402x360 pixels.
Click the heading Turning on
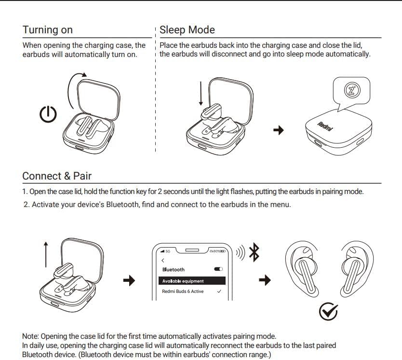47,30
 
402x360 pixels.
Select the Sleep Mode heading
187,30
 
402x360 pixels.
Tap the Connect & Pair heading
57,176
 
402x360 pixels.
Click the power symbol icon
48,114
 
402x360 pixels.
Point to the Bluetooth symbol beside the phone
254,252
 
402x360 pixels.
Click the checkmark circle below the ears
328,312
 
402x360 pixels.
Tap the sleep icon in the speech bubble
352,90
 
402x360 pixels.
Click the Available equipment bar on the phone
192,281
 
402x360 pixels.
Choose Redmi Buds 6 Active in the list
183,291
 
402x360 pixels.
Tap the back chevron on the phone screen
163,261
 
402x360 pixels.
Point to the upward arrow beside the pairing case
46,254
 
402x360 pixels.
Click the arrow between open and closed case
279,130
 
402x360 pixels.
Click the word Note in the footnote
30,336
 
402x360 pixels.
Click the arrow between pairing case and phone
129,280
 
